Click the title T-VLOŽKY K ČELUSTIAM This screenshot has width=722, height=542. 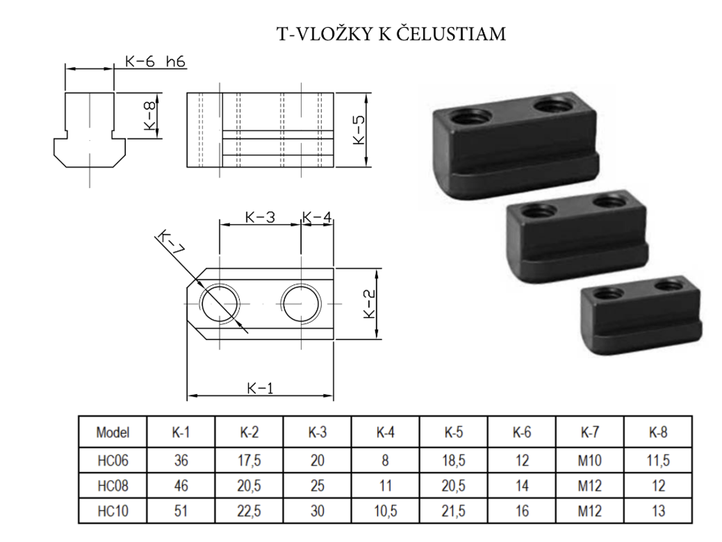click(391, 34)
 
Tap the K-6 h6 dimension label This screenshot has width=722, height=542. click(155, 62)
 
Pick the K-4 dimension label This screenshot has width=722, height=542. click(317, 217)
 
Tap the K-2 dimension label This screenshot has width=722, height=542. click(371, 303)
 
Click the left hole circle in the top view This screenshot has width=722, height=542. click(219, 304)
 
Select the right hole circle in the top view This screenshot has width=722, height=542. click(301, 304)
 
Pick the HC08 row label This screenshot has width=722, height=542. click(113, 485)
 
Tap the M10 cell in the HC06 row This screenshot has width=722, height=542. click(589, 460)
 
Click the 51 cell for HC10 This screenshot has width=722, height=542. click(181, 511)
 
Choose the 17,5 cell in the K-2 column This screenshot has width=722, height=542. click(249, 460)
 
